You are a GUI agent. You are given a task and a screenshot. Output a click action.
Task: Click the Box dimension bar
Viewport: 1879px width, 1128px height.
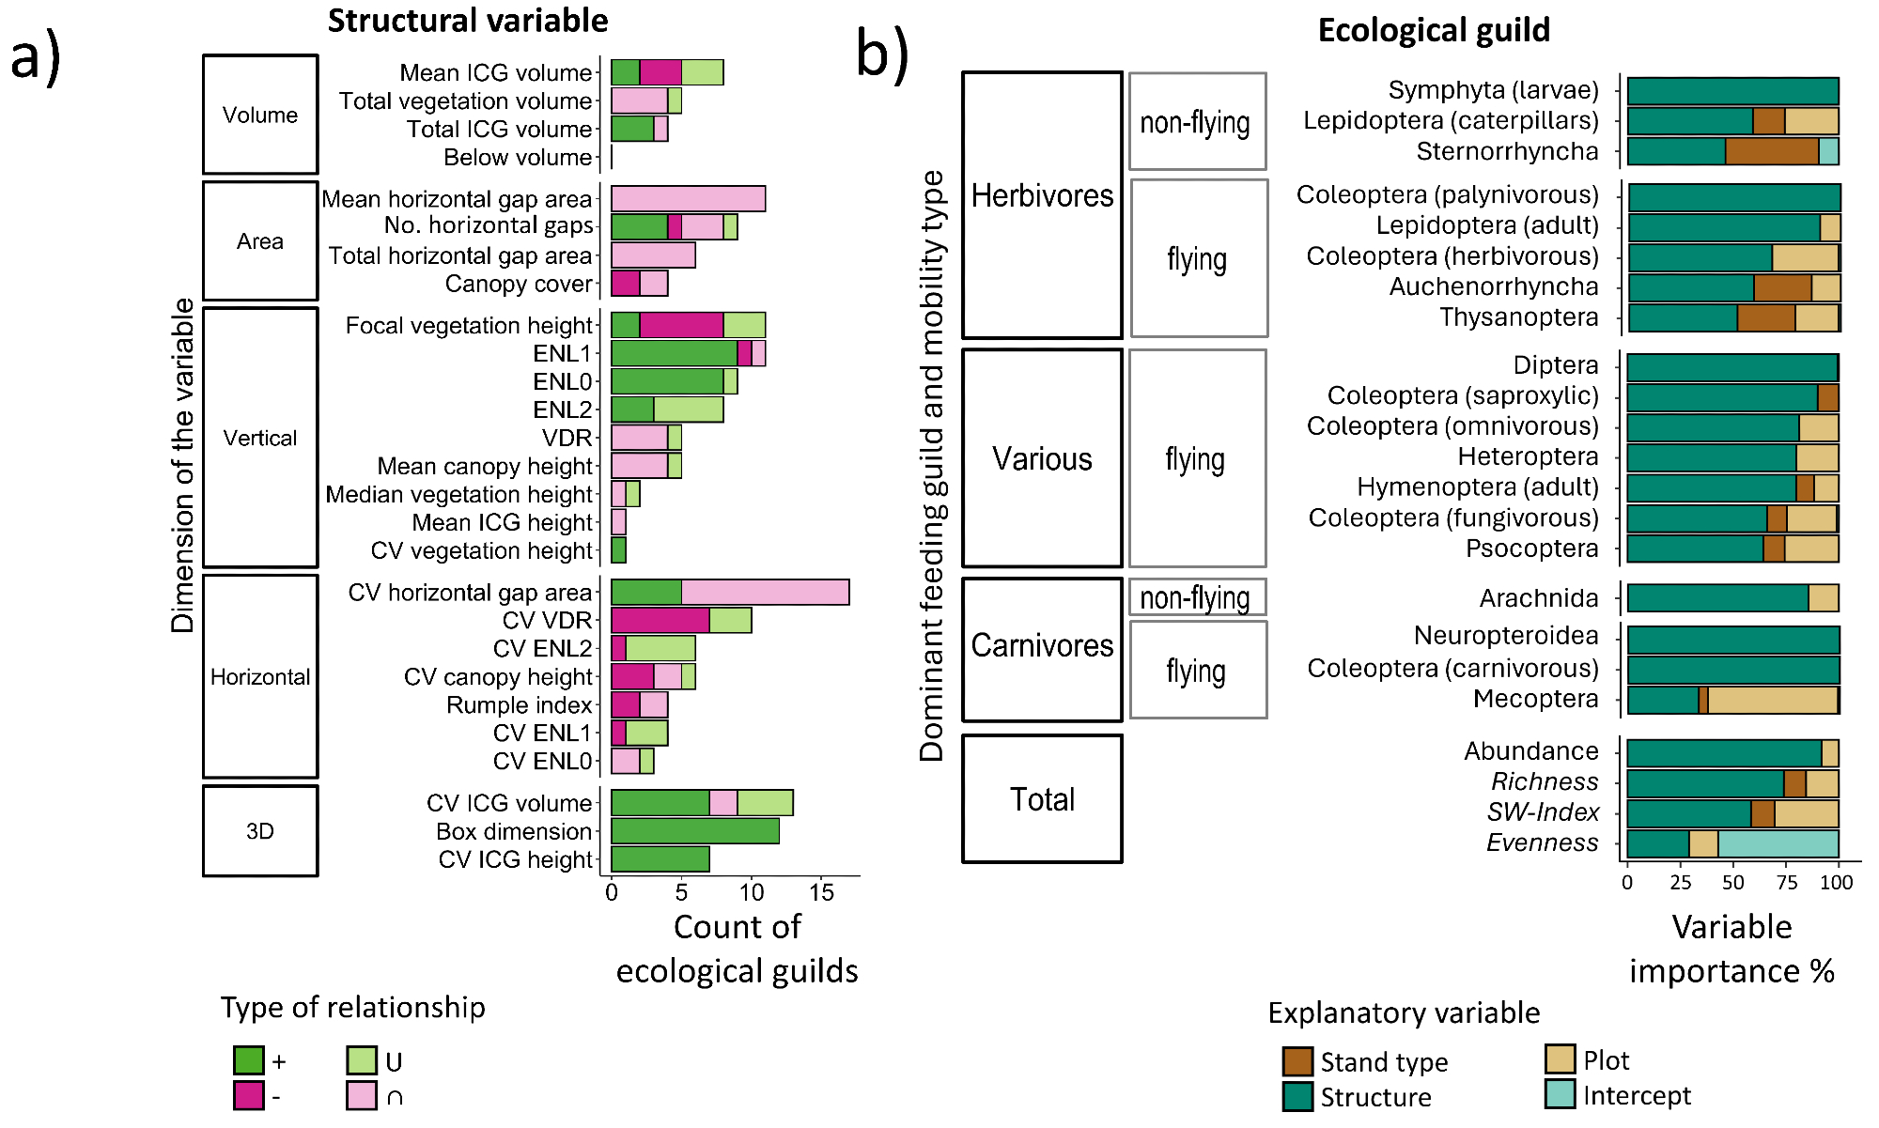click(x=694, y=831)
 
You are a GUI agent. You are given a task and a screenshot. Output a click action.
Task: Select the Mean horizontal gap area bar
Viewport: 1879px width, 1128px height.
click(x=688, y=199)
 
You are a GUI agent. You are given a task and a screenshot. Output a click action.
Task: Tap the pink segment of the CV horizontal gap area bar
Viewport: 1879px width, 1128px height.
click(x=765, y=593)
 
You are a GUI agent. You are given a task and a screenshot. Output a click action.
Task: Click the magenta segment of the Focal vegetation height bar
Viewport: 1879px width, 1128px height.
click(x=681, y=325)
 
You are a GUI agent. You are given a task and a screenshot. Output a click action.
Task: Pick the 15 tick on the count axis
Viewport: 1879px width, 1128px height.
click(x=821, y=892)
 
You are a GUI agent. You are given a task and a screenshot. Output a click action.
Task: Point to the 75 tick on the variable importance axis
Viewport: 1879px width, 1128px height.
click(x=1786, y=883)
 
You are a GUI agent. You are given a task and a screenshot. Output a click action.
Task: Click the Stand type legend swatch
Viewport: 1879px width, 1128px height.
click(x=1297, y=1061)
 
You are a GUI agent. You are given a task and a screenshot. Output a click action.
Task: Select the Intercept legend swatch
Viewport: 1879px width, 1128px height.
click(x=1560, y=1094)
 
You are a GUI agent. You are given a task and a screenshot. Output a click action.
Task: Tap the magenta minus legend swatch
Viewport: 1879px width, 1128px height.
click(x=249, y=1095)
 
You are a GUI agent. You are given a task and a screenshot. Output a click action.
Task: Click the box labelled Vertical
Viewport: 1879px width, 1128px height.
click(x=260, y=438)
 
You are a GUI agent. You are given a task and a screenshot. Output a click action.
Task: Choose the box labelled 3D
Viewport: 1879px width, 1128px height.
click(x=260, y=831)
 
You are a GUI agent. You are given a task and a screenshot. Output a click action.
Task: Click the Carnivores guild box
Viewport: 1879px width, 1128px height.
click(x=1042, y=646)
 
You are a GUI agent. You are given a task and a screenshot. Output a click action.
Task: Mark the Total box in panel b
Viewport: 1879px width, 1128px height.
click(x=1042, y=799)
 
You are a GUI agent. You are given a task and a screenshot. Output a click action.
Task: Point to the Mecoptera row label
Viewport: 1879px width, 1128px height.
click(x=1535, y=699)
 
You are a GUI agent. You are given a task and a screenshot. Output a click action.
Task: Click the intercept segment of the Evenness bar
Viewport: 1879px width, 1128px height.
click(x=1778, y=843)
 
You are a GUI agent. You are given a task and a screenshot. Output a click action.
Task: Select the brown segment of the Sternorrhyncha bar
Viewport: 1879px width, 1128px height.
click(x=1771, y=151)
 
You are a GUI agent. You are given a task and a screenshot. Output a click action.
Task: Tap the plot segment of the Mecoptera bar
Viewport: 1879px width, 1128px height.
click(x=1772, y=700)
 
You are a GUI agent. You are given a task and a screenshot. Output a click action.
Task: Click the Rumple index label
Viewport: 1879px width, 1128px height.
click(x=519, y=705)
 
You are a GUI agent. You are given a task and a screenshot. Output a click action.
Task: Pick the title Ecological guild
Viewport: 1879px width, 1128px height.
click(x=1434, y=30)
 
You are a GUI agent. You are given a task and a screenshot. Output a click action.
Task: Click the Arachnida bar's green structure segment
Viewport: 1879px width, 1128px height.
click(x=1717, y=598)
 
